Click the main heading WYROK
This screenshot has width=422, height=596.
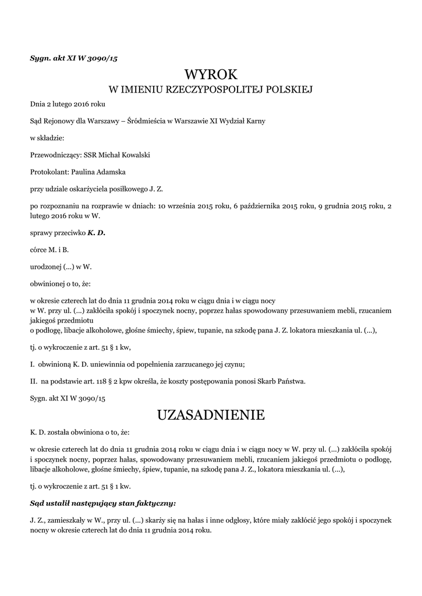(x=211, y=74)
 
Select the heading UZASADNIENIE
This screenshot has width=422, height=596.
(x=211, y=415)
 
